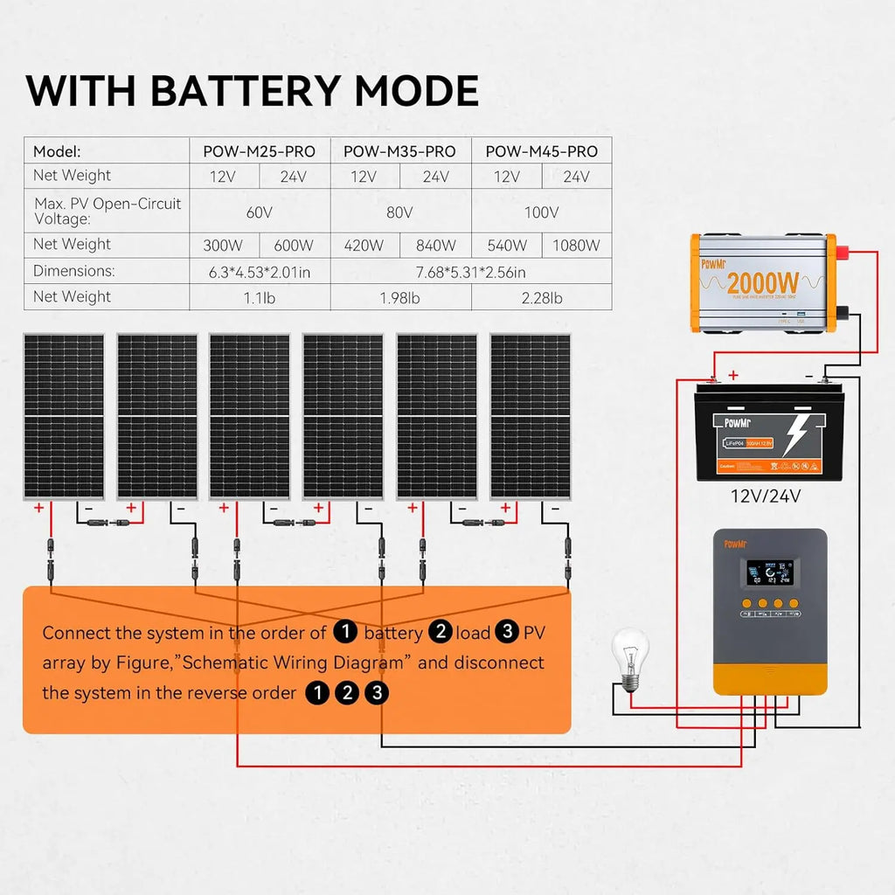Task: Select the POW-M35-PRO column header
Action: (399, 151)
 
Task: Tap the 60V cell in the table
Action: (260, 212)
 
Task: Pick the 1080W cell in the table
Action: (576, 246)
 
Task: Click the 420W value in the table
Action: (364, 246)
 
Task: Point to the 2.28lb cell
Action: (541, 298)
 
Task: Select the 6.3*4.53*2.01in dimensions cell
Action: (260, 272)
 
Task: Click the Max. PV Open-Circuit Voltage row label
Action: (107, 212)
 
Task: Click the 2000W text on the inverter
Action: (762, 282)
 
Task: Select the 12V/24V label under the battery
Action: (766, 496)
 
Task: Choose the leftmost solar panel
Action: (63, 416)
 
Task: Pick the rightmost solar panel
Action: (530, 416)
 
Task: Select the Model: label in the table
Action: (57, 151)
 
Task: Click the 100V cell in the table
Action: (541, 212)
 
